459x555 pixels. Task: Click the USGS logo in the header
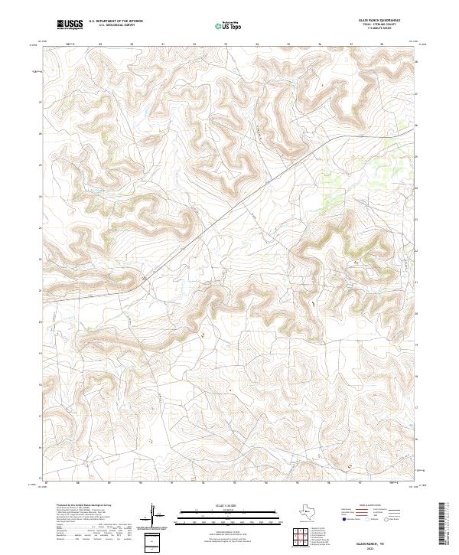point(70,24)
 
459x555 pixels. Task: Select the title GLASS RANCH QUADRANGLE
point(376,21)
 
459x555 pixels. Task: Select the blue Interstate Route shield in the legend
point(343,518)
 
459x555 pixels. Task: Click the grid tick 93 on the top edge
point(226,44)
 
